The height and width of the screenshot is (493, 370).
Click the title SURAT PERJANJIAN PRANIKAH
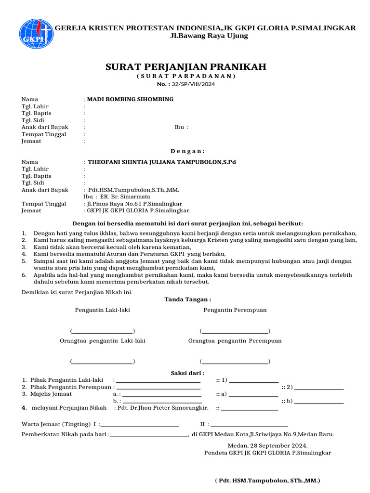coord(185,66)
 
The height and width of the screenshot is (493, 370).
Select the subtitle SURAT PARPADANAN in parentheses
coord(185,76)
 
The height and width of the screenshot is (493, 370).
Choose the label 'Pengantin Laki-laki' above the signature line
coord(102,310)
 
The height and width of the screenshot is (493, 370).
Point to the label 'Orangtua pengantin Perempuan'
coord(235,340)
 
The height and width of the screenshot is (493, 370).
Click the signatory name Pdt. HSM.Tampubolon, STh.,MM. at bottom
coord(267,480)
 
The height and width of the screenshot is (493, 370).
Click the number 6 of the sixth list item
coord(24,275)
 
